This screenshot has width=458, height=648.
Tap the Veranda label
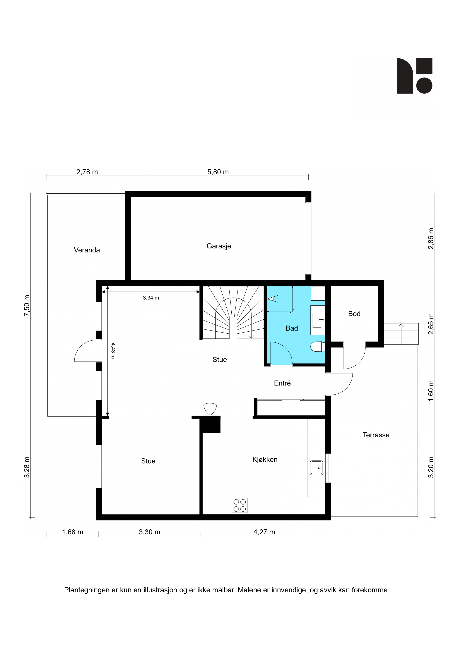(87, 250)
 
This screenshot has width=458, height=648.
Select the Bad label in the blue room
(292, 328)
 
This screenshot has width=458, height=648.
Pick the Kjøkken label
(265, 459)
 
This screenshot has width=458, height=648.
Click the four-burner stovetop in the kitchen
(240, 505)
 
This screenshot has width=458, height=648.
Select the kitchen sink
(316, 468)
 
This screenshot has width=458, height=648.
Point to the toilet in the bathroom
(317, 347)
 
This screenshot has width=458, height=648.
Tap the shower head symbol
(273, 299)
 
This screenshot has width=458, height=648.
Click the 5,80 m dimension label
(218, 172)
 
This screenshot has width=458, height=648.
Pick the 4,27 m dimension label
(264, 532)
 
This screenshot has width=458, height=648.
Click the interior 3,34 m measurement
(151, 298)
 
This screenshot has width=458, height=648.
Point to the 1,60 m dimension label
(431, 391)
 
